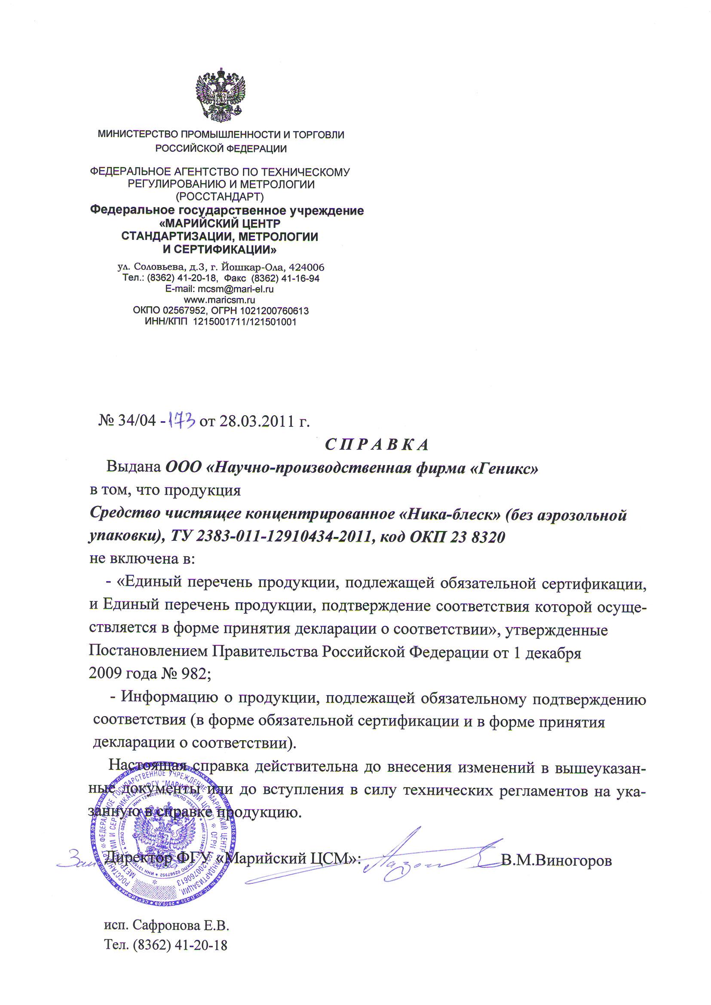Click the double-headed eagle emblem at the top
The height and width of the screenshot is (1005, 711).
tap(220, 95)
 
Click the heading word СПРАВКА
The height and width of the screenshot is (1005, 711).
tap(377, 445)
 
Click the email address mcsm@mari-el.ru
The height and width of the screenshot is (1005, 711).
tap(236, 289)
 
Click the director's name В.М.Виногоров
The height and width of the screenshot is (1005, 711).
tap(556, 861)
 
